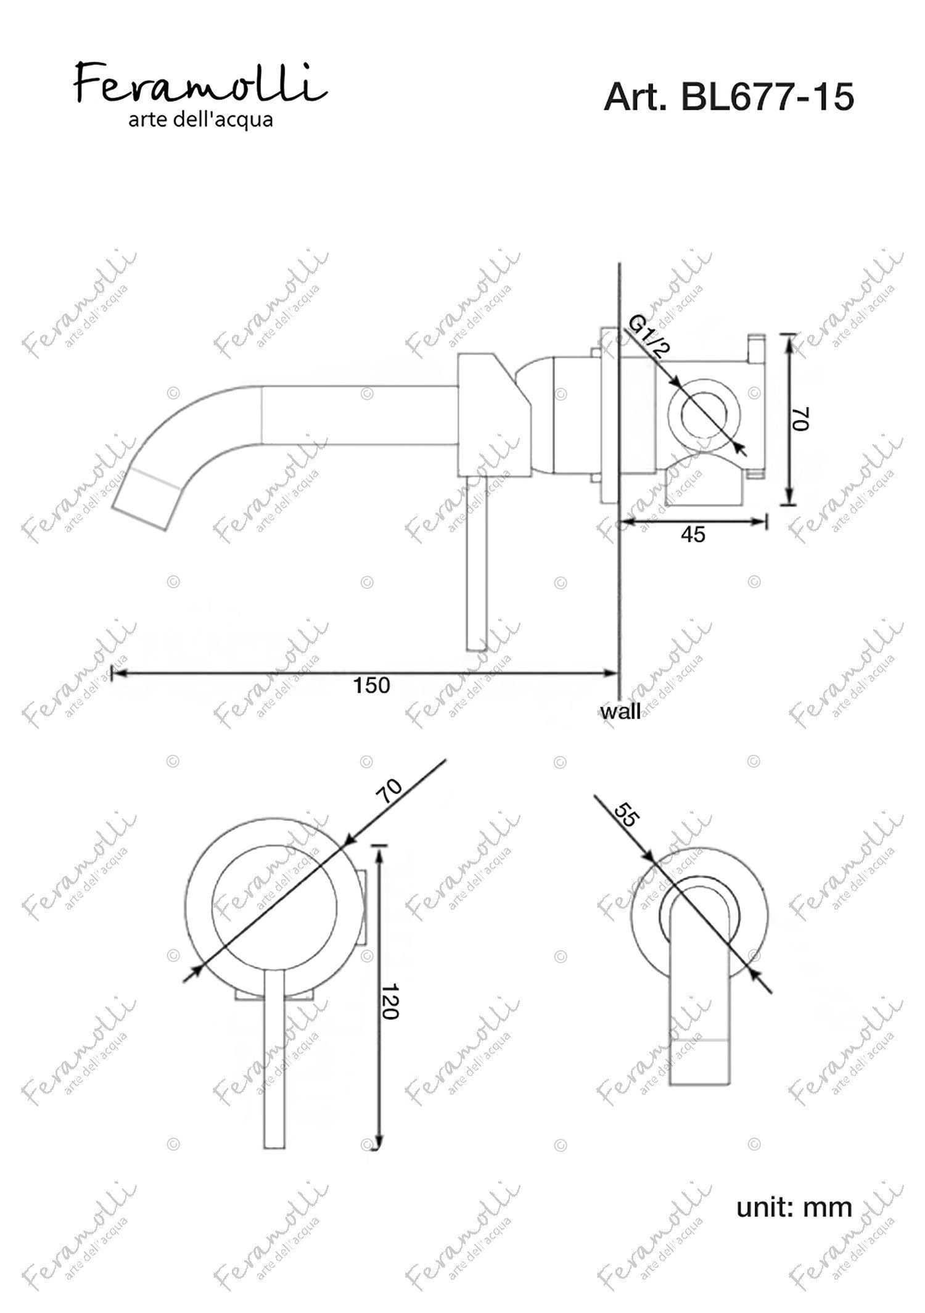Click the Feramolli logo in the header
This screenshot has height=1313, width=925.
pyautogui.click(x=200, y=83)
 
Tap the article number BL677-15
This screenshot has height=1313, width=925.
pyautogui.click(x=768, y=97)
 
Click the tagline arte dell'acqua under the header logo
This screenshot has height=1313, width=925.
pyautogui.click(x=200, y=119)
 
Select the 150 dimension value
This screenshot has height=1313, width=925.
pyautogui.click(x=371, y=685)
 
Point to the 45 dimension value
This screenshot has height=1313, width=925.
pyautogui.click(x=693, y=535)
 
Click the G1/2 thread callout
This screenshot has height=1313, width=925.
pyautogui.click(x=649, y=336)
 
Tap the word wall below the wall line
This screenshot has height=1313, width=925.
pyautogui.click(x=620, y=712)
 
